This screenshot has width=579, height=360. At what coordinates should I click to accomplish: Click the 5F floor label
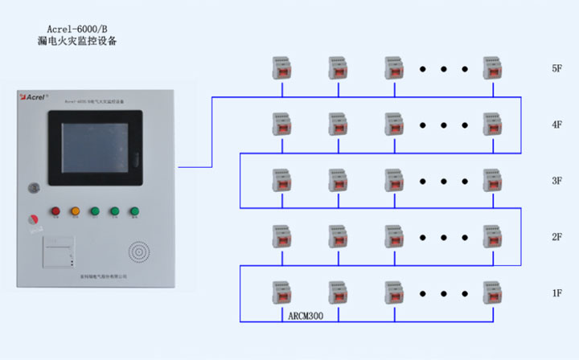pos(556,69)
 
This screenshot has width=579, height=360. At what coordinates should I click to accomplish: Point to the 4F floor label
pos(556,125)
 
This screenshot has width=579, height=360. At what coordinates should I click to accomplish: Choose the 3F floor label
pos(556,182)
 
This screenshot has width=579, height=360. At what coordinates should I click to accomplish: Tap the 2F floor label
pos(556,238)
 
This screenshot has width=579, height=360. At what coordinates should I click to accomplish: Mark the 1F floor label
pos(556,293)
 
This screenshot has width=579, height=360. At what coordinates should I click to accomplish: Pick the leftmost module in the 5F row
pos(281,68)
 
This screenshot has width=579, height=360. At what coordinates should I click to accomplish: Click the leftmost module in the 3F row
pos(281,181)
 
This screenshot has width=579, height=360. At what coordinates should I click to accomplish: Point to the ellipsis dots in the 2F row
pos(442,238)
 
